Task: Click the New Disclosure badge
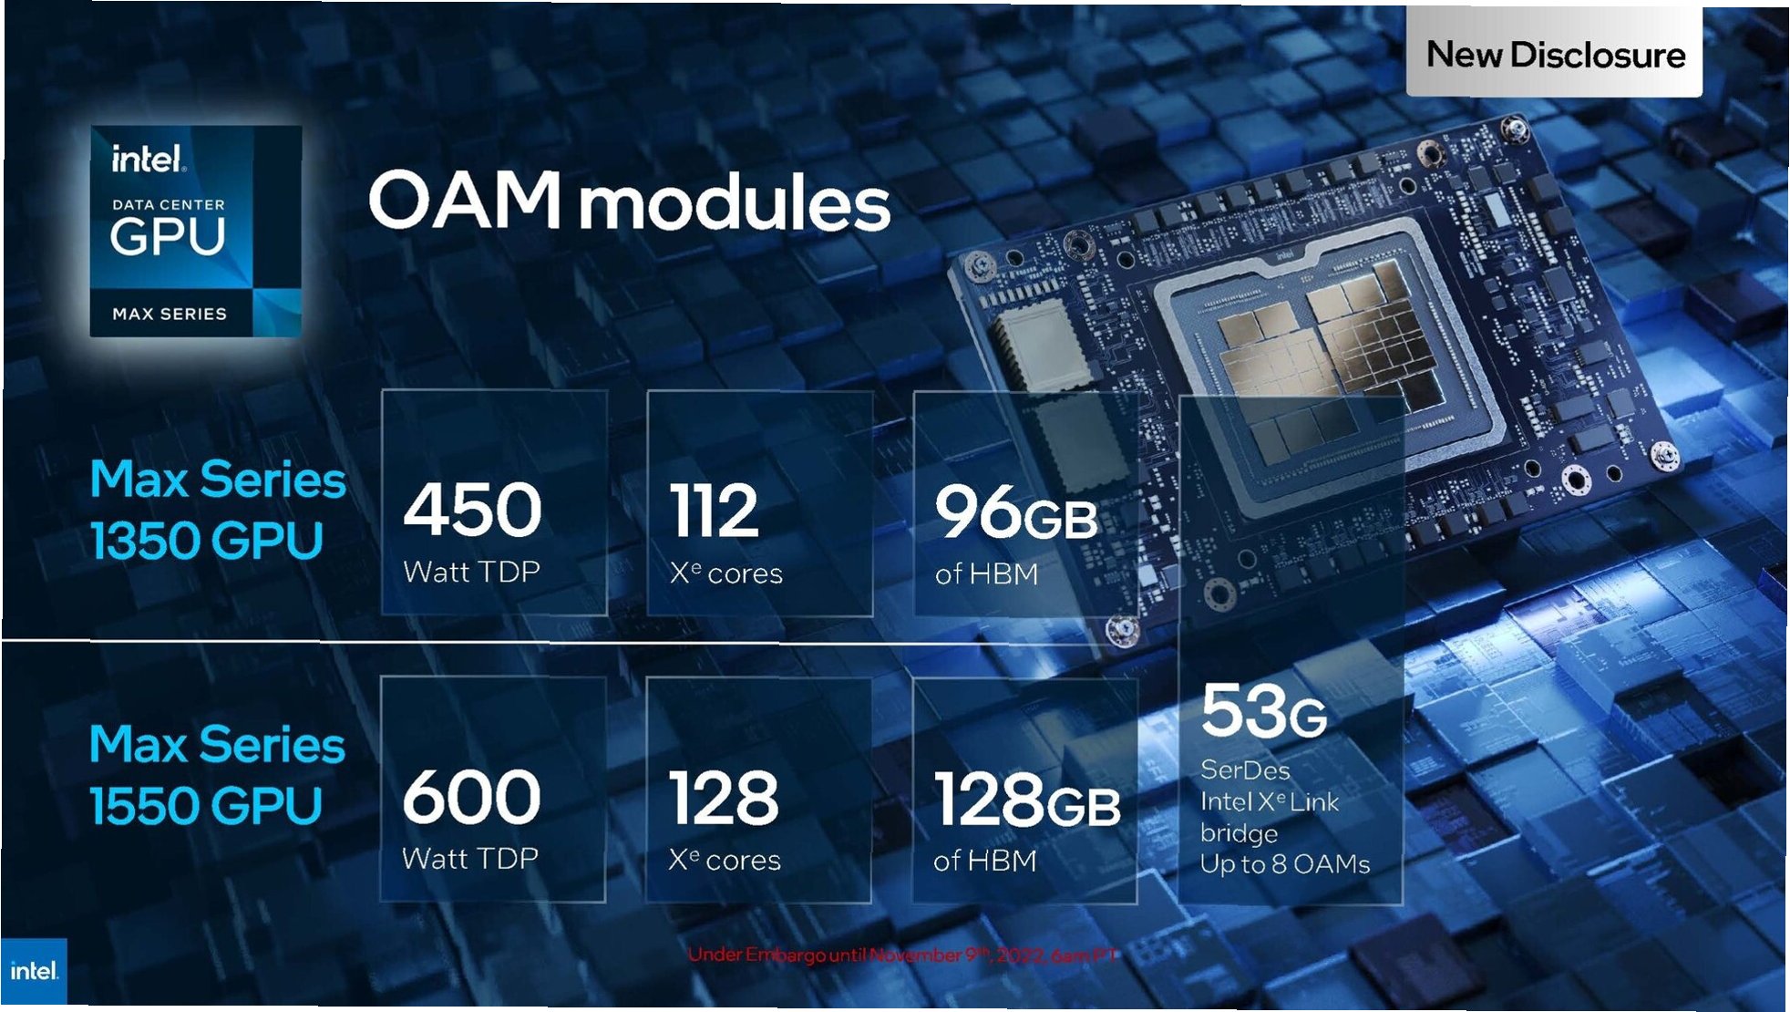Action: pyautogui.click(x=1554, y=55)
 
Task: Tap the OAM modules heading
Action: pyautogui.click(x=629, y=201)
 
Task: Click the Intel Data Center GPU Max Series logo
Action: pyautogui.click(x=195, y=232)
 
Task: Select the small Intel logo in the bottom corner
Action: pyautogui.click(x=34, y=972)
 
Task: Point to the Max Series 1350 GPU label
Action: pyautogui.click(x=217, y=510)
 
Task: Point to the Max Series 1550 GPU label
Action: pyautogui.click(x=217, y=775)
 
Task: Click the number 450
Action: pyautogui.click(x=472, y=510)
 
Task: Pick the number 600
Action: pyautogui.click(x=471, y=797)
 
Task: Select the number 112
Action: pyautogui.click(x=714, y=511)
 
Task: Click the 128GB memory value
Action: pyautogui.click(x=1027, y=800)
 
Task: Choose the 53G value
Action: pyautogui.click(x=1263, y=712)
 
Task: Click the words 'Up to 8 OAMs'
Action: pyautogui.click(x=1284, y=864)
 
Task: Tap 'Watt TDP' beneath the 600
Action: pyautogui.click(x=470, y=859)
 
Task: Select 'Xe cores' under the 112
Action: pyautogui.click(x=725, y=573)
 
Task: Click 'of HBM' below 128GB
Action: pyautogui.click(x=985, y=861)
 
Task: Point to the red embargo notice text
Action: pyautogui.click(x=902, y=955)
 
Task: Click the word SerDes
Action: pyautogui.click(x=1245, y=770)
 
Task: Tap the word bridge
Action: pyautogui.click(x=1239, y=833)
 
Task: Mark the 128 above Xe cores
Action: pyautogui.click(x=724, y=799)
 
